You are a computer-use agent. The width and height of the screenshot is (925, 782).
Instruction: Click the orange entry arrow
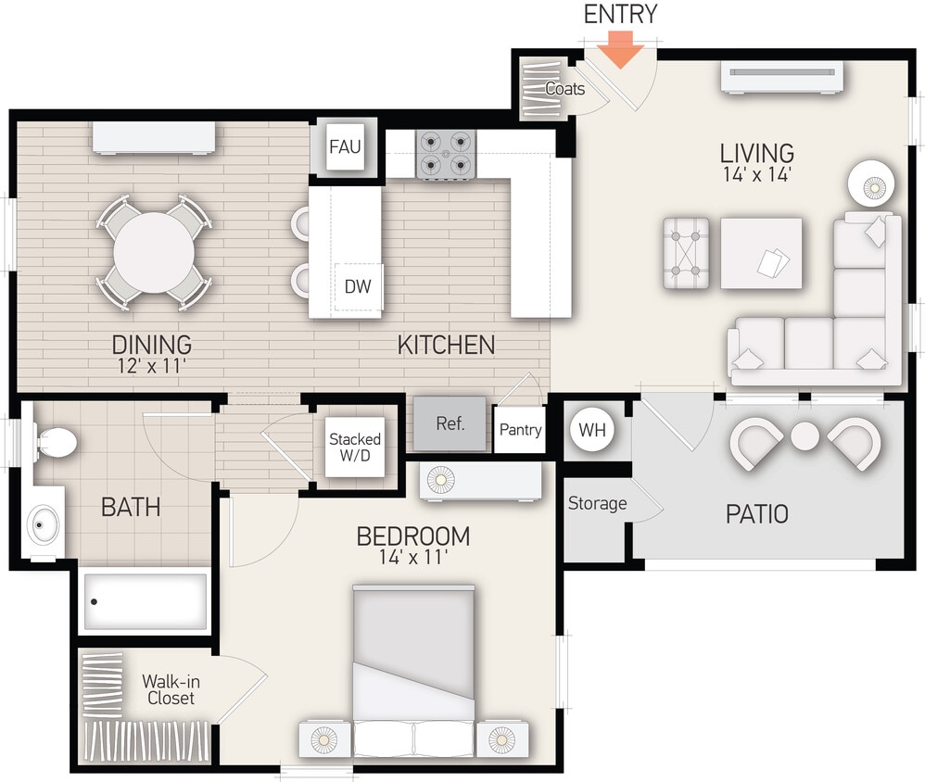pos(618,50)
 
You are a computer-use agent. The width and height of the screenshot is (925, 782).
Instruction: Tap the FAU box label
pos(345,146)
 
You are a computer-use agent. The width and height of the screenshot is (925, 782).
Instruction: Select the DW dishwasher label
pos(358,286)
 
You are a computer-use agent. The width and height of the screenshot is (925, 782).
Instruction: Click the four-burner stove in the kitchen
pos(447,154)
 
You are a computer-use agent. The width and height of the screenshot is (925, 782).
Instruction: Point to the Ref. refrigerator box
pos(450,423)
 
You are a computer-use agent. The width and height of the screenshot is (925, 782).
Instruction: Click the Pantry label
pos(520,430)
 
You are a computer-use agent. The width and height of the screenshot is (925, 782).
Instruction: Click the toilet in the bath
pos(56,442)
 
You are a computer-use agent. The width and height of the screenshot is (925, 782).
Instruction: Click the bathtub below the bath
pos(144,601)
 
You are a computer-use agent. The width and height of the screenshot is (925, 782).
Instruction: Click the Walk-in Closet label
pos(171,689)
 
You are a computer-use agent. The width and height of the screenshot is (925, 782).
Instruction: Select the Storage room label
pos(597,504)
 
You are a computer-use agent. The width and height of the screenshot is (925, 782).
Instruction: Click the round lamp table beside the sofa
pos(872,184)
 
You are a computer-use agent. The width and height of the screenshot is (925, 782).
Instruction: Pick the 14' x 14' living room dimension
pos(757,174)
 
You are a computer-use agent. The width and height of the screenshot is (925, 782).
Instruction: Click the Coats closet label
pos(564,89)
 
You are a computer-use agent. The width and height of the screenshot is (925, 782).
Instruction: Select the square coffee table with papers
pos(761,254)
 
